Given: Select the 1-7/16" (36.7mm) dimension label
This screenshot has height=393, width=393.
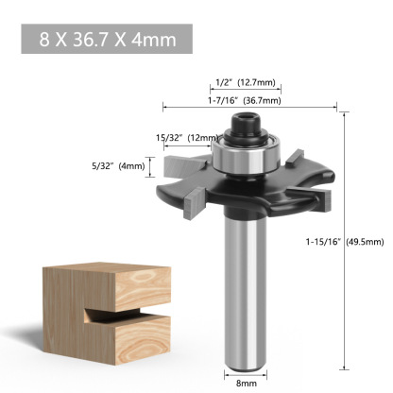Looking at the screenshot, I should (x=247, y=100).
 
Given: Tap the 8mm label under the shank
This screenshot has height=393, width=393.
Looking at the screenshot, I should (x=244, y=384).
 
